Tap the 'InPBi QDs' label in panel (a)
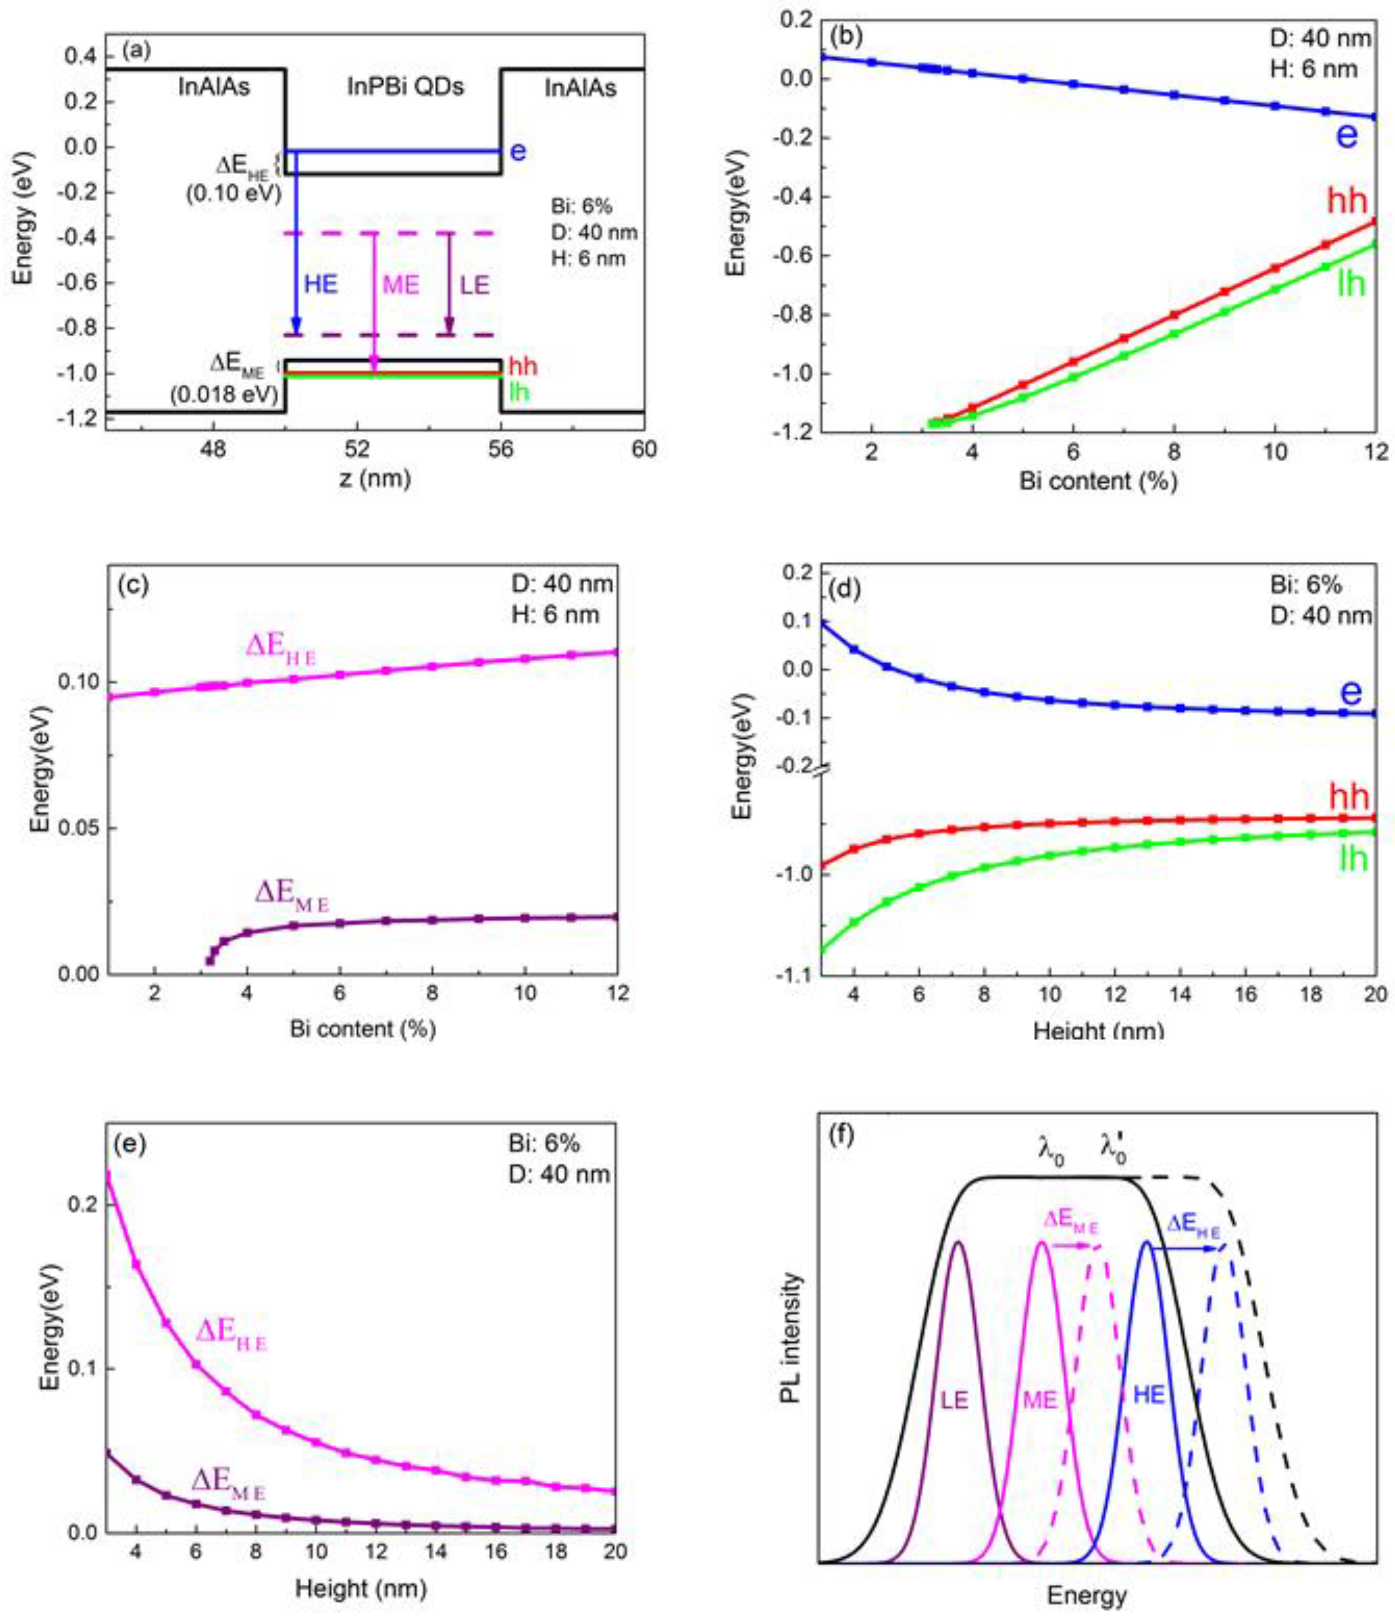[405, 87]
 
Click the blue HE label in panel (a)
[321, 284]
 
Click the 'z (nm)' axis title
[374, 477]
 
